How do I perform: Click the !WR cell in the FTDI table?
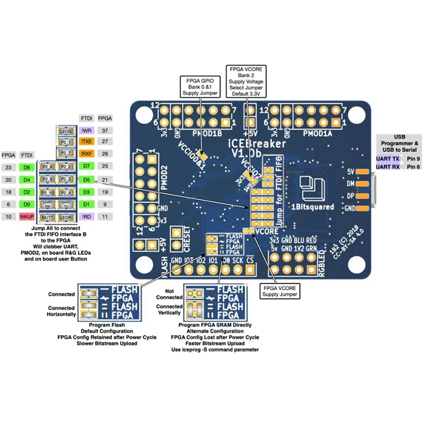(86, 130)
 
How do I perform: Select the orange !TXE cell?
(86, 142)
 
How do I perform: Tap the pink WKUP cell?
(26, 217)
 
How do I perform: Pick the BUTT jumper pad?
(47, 217)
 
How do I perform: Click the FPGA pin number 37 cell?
(105, 130)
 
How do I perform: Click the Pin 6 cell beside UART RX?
(413, 167)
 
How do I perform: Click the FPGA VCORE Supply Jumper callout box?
(279, 291)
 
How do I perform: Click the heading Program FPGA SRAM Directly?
(215, 325)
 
